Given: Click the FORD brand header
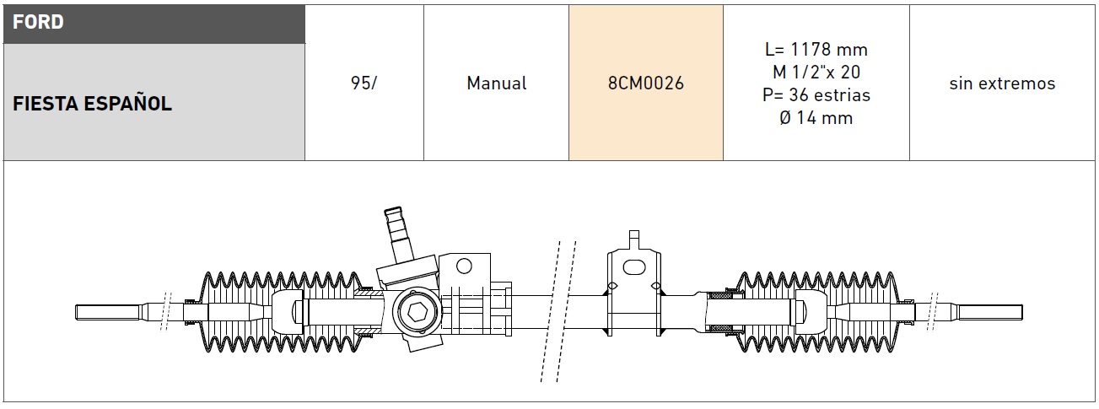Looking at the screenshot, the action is pos(38,22).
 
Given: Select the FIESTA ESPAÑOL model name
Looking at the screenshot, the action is pos(92,104).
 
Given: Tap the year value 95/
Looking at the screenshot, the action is pos(364,83).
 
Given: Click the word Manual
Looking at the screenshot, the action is pos(497,83).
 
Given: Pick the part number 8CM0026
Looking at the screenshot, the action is pos(646,83).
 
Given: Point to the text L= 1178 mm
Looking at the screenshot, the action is pos(816,49).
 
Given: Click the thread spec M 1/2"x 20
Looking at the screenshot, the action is pos(816,72).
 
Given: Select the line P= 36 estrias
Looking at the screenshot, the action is pos(816,94).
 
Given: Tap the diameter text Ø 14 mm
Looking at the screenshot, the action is pos(816,118).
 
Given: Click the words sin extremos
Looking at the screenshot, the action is pos(1002,83).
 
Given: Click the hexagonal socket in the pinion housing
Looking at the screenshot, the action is pos(418,312).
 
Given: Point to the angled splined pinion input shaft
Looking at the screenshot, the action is pos(397,235).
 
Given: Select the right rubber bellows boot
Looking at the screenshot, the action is pos(818,312).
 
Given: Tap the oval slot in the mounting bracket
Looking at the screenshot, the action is pos(634,267).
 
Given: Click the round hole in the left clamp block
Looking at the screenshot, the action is pos(464,266).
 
